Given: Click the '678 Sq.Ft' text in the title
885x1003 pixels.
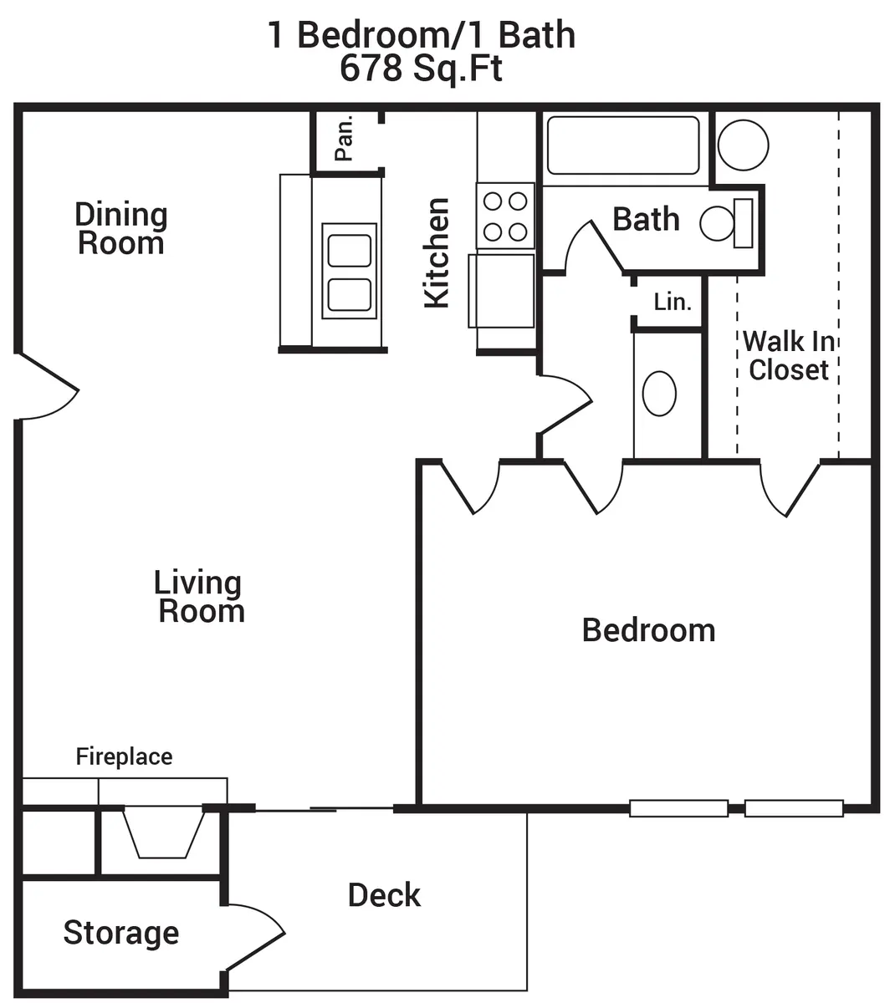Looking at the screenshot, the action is tap(421, 69).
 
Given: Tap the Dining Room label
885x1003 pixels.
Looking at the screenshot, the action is tap(121, 229).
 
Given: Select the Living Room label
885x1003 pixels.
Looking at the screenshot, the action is tap(199, 597).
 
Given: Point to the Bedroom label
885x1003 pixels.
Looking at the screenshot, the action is tap(648, 630).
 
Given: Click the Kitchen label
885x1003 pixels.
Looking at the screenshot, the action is tap(437, 253).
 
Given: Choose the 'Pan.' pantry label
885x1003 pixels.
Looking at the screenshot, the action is tap(344, 138).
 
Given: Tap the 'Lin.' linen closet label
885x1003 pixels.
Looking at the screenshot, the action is tap(672, 302).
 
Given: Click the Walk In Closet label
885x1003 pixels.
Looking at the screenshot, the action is tap(788, 355).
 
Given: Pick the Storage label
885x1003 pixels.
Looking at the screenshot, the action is tap(121, 933).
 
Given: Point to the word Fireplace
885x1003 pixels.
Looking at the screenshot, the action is tap(124, 756).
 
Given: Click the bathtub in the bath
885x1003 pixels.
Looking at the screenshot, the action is tap(623, 145).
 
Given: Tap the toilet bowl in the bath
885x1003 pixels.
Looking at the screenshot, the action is tap(717, 223).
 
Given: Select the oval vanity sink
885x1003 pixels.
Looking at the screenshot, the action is tap(659, 394).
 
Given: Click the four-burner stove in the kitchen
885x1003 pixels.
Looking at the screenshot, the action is tap(505, 216).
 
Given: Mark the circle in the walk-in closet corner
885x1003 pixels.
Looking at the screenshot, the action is tap(744, 145).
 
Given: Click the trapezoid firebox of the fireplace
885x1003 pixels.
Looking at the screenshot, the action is tap(163, 833).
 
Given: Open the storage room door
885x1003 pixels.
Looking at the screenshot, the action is tap(255, 938).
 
